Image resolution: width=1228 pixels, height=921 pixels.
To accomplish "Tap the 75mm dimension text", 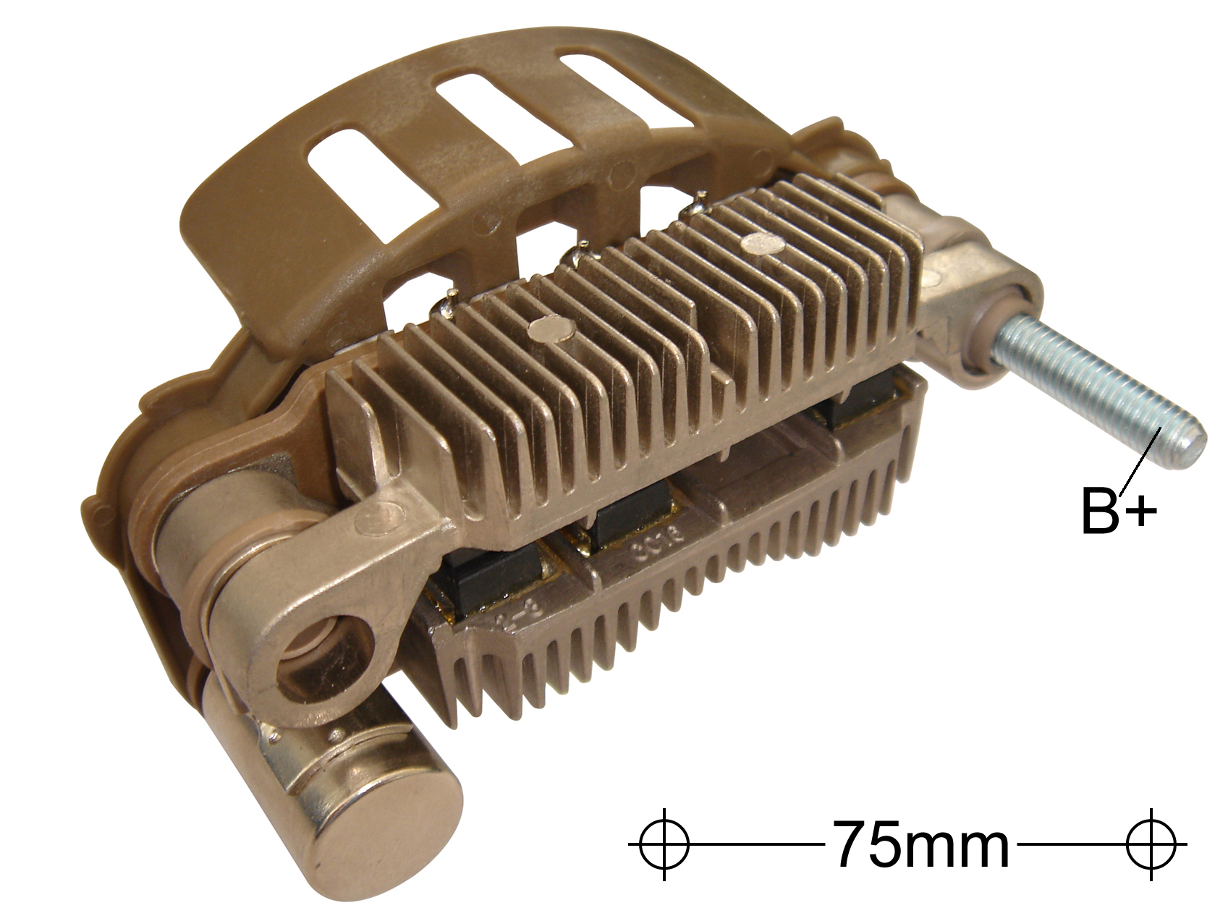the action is point(920,844).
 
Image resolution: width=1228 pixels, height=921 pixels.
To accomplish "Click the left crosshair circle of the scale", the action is point(664,844).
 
